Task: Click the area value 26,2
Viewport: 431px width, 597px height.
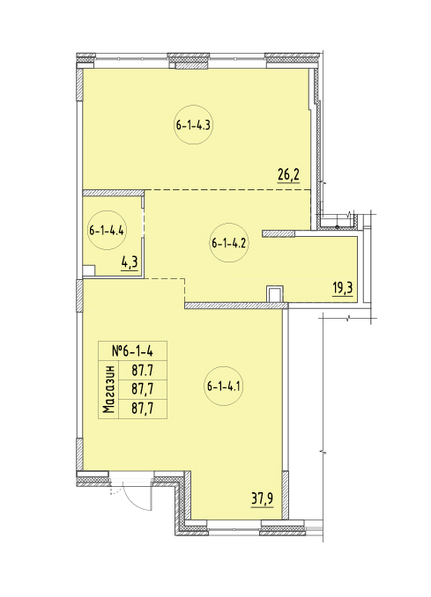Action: [x=288, y=175]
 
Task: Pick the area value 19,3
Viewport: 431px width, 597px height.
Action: [x=343, y=288]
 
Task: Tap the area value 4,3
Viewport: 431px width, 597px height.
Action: [x=130, y=263]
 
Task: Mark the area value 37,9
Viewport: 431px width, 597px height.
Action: [x=262, y=498]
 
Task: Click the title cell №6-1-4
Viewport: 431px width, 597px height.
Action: [x=132, y=350]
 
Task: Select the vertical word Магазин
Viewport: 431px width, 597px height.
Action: [x=109, y=389]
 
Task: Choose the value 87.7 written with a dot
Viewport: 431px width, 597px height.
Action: [x=143, y=370]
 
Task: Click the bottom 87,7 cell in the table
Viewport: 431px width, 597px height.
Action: [x=143, y=409]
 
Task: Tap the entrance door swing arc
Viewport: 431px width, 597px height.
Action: [x=139, y=498]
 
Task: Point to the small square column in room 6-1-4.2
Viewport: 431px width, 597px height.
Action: [x=275, y=294]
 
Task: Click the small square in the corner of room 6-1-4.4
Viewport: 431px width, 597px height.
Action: [x=89, y=271]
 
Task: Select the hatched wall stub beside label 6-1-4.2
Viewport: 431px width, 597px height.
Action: [x=279, y=233]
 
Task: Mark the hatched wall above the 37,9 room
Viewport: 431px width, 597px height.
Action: [x=236, y=306]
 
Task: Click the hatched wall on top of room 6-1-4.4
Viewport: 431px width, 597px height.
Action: [x=114, y=193]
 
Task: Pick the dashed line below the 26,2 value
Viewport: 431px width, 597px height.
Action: [x=228, y=189]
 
